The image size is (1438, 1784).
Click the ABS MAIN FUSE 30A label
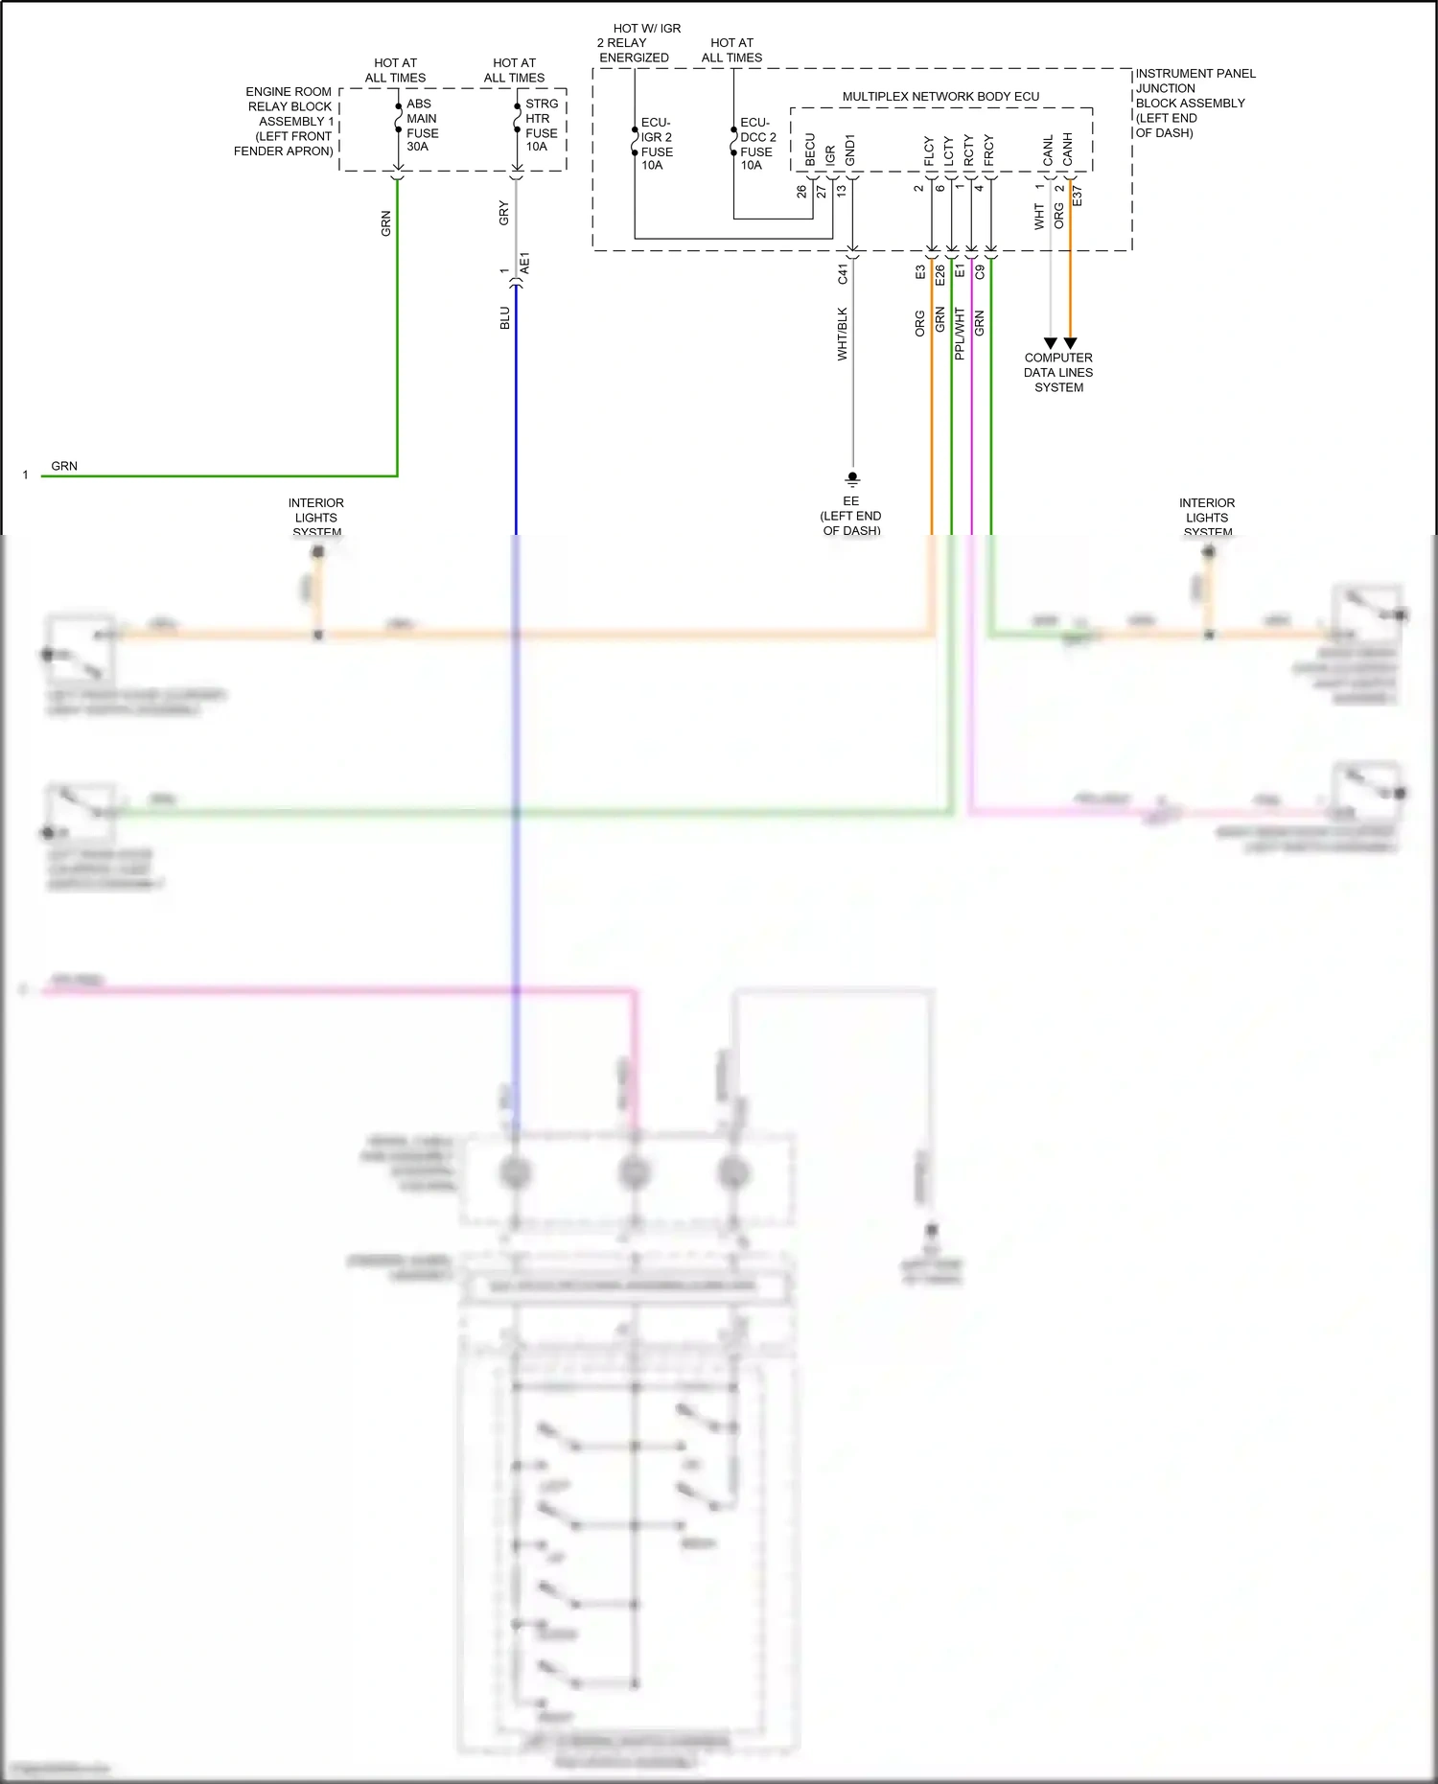point(422,126)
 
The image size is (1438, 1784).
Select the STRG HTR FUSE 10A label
point(541,126)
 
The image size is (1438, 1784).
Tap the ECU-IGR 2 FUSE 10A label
point(657,144)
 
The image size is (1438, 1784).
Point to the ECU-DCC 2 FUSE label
point(757,144)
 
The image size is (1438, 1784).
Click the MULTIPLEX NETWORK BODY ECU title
point(939,97)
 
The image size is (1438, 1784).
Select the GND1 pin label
point(850,150)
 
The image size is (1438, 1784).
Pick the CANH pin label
point(1068,150)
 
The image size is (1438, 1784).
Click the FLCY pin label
point(929,151)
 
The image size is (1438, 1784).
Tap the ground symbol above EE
point(852,478)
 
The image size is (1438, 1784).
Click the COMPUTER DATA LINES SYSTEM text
point(1058,373)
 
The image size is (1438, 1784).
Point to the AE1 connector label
point(524,264)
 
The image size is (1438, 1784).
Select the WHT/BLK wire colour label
point(843,334)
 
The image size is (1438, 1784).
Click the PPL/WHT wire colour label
point(960,334)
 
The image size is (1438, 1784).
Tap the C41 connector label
point(843,273)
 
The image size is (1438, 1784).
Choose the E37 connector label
point(1078,197)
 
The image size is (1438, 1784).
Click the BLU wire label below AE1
point(505,318)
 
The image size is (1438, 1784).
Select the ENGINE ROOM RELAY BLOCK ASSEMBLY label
point(286,122)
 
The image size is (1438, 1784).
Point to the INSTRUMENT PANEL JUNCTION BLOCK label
point(1194,103)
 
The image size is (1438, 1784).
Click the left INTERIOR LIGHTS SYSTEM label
point(316,518)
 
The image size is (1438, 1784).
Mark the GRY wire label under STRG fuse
point(504,214)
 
